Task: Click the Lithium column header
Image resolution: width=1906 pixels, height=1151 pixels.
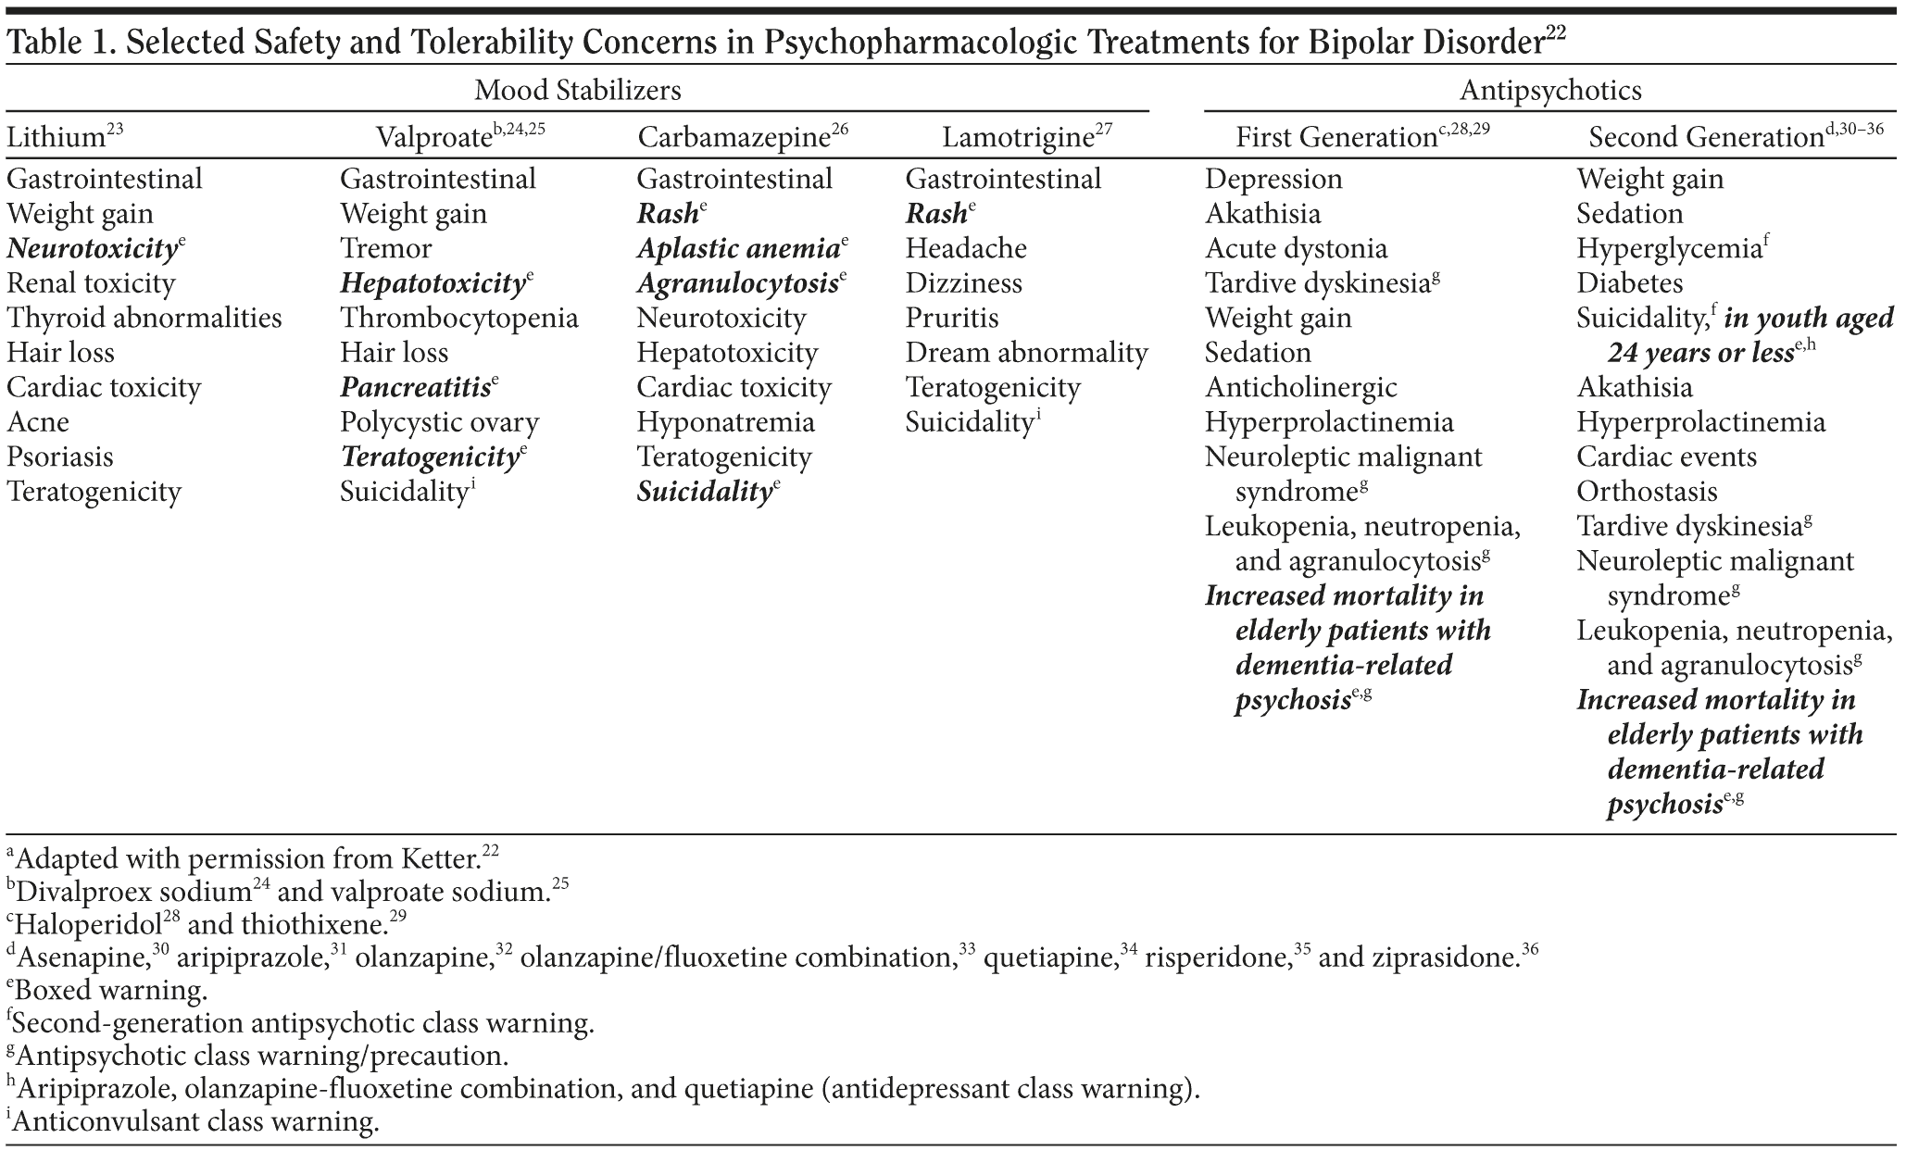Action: click(56, 138)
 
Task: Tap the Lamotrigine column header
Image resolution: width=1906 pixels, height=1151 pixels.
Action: click(1018, 138)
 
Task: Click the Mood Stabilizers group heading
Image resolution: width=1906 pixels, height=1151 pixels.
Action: click(577, 90)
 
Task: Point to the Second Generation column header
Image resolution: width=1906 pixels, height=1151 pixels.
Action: click(1706, 138)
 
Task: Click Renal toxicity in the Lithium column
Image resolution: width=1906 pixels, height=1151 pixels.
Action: click(91, 283)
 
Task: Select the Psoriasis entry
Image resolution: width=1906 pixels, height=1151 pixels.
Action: click(60, 457)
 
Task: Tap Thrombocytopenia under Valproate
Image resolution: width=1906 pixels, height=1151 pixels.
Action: click(458, 319)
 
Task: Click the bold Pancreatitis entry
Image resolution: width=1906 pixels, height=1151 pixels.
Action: click(415, 388)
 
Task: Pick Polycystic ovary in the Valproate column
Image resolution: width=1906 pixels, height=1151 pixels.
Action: click(439, 422)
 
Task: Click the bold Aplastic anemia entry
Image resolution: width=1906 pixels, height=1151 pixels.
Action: click(737, 249)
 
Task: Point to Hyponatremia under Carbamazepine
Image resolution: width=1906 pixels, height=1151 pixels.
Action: click(725, 422)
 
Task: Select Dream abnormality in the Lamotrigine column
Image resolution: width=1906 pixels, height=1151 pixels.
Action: click(1026, 353)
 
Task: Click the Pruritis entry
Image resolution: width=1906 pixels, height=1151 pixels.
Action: click(951, 319)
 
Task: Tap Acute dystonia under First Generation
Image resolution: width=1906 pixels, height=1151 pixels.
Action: click(1296, 249)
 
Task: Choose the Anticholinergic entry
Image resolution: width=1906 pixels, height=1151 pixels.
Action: click(1300, 388)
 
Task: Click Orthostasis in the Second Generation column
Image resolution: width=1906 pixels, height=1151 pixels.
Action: click(1647, 492)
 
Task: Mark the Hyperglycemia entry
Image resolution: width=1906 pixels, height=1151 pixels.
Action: click(1668, 249)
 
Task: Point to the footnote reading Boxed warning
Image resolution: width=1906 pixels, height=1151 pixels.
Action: click(111, 991)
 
